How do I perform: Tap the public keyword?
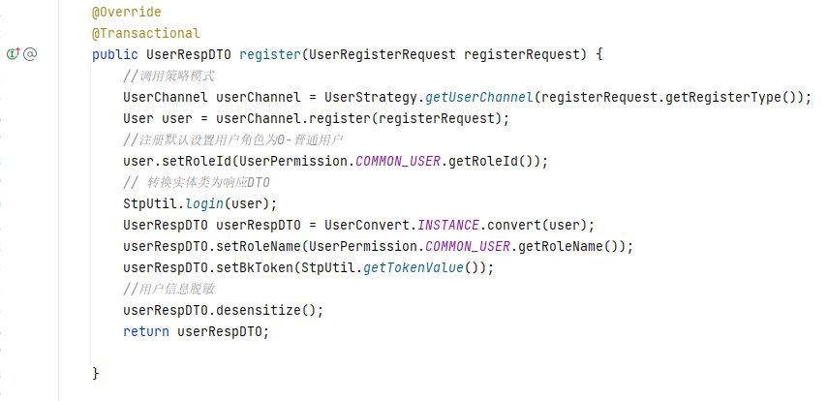[x=114, y=54]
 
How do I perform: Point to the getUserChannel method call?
[x=479, y=97]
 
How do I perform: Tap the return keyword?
[x=145, y=331]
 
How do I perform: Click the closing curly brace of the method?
[x=96, y=373]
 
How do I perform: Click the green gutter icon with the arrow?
[x=13, y=54]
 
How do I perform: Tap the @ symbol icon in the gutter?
[x=30, y=54]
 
